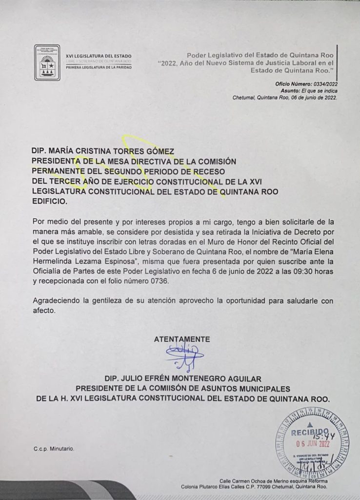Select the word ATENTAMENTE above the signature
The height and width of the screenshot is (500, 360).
tap(182, 338)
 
